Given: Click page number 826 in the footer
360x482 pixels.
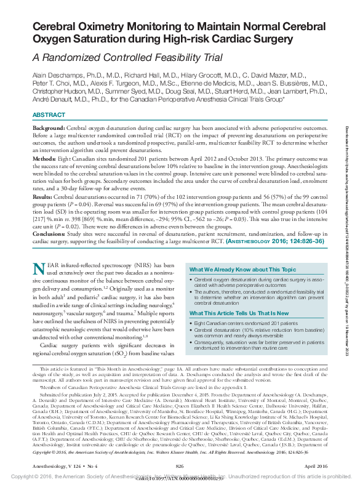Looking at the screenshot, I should [180, 467].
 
